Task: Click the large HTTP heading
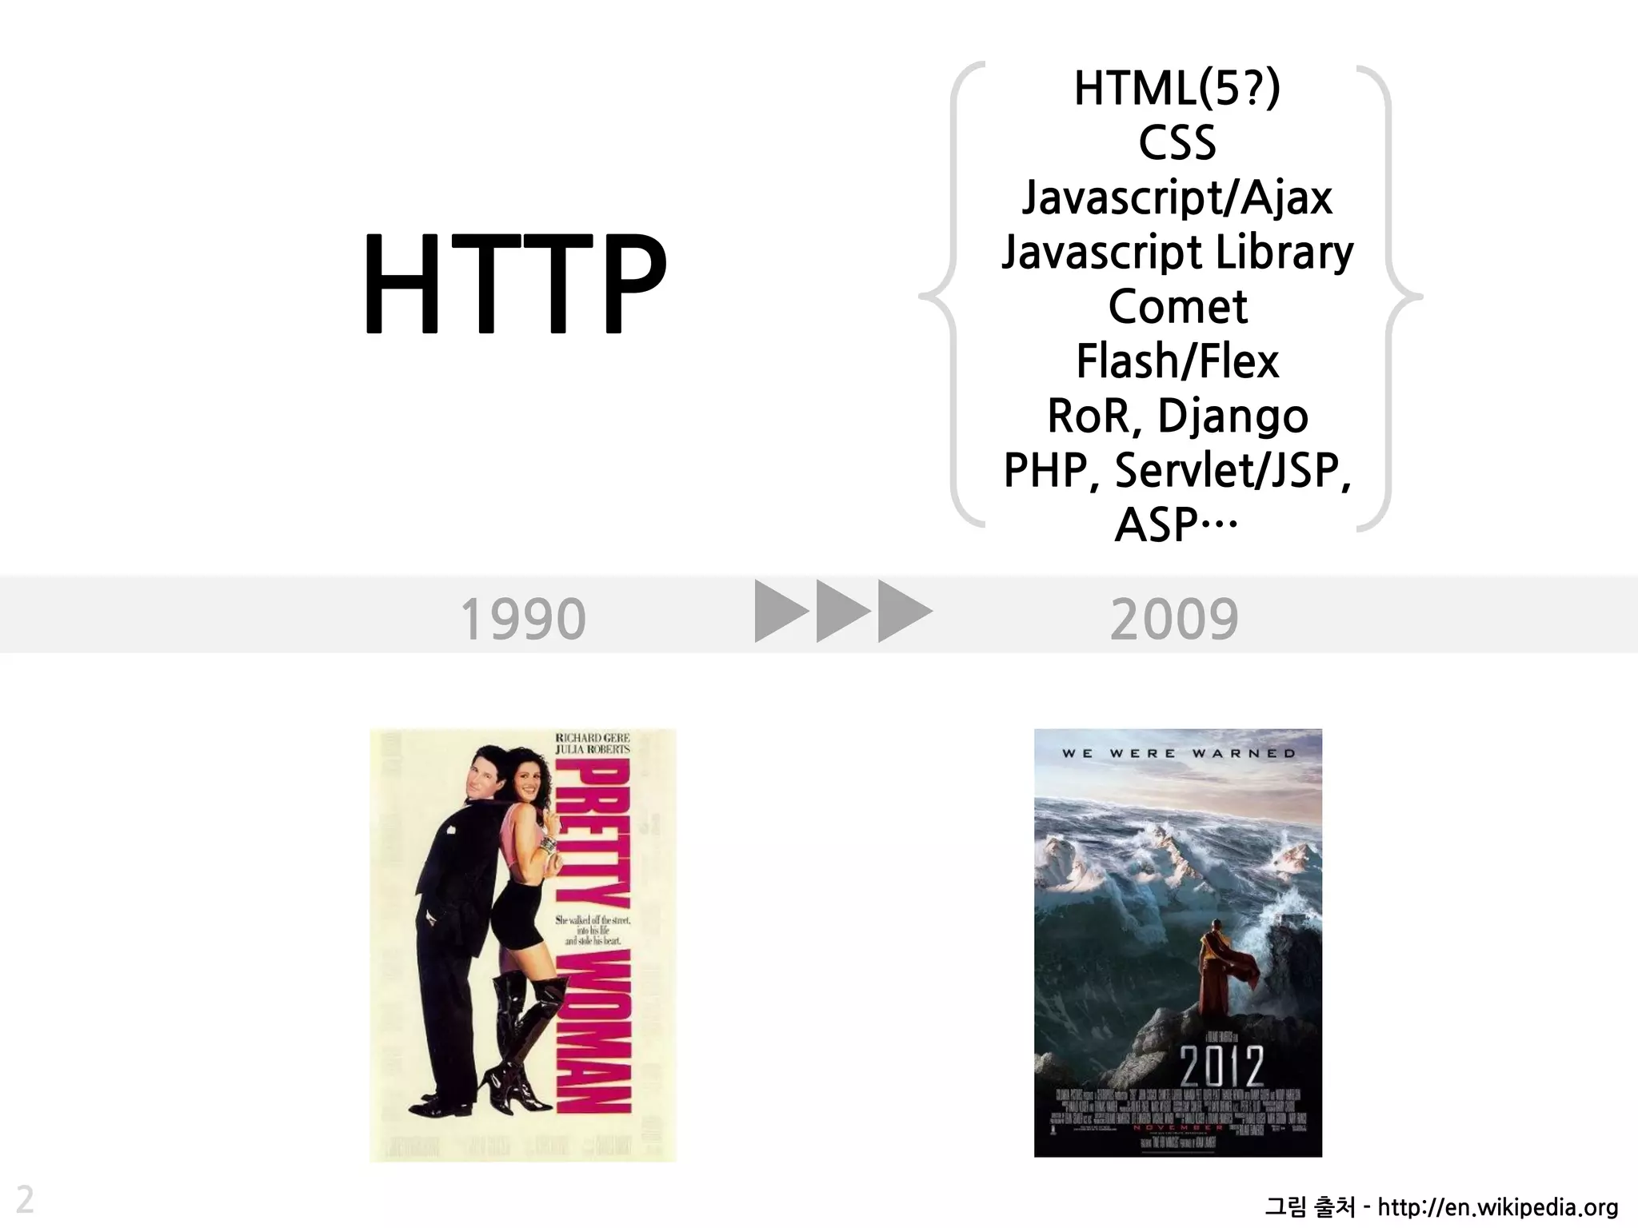coord(514,284)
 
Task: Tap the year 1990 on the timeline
coord(523,620)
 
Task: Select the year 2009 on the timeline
coord(1174,620)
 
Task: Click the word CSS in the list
coord(1177,143)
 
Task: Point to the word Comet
coord(1177,306)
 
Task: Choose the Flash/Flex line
coord(1177,361)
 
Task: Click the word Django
coord(1232,417)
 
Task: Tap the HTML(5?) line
coord(1177,88)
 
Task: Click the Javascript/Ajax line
coord(1177,197)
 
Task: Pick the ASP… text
coord(1176,525)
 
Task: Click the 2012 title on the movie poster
coord(1221,1066)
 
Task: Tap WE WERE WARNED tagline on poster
coord(1178,753)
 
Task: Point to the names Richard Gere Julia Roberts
coord(592,744)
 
